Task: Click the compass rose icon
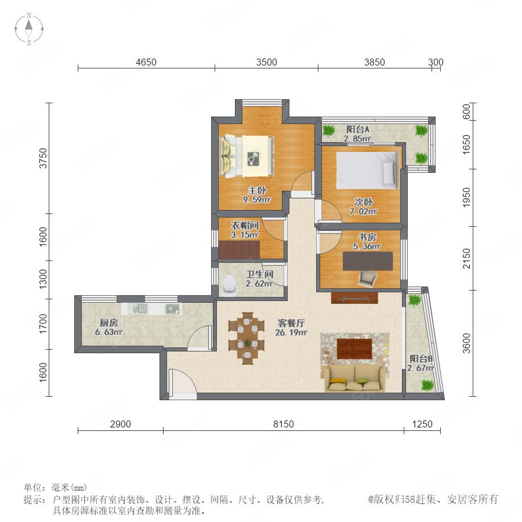[x=29, y=28]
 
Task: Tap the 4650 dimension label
[x=146, y=62]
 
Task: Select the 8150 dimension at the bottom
[x=283, y=424]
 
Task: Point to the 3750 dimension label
[x=43, y=158]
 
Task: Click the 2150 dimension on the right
[x=467, y=258]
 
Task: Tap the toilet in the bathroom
[x=229, y=285]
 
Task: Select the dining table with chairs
[x=246, y=338]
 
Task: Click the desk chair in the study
[x=368, y=278]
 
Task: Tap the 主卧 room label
[x=257, y=190]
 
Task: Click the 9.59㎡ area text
[x=256, y=200]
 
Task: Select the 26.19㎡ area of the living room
[x=291, y=332]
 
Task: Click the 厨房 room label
[x=108, y=322]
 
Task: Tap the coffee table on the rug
[x=354, y=349]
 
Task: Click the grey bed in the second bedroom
[x=367, y=171]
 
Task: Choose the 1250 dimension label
[x=422, y=424]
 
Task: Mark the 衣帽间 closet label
[x=245, y=226]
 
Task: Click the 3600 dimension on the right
[x=467, y=343]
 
